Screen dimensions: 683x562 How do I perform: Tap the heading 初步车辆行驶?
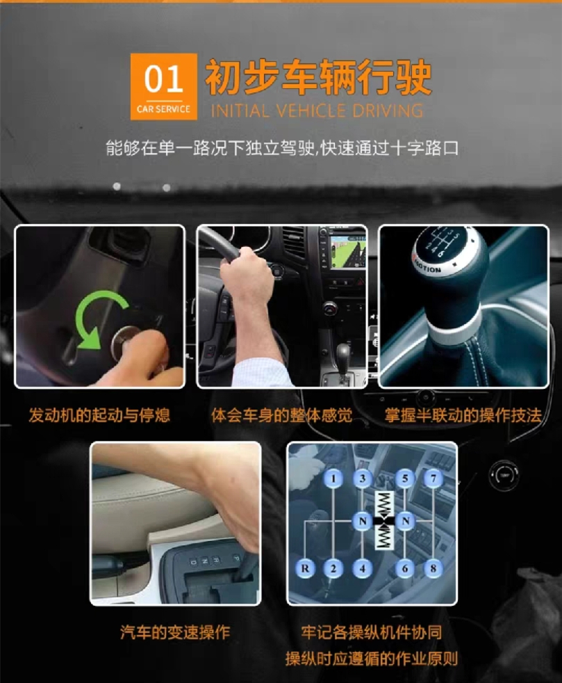318,78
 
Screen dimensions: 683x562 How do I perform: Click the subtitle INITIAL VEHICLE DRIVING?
316,111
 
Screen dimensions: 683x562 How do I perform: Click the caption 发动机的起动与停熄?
99,415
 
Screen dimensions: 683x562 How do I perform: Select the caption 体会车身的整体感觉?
281,415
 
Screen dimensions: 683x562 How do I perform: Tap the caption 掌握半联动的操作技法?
463,415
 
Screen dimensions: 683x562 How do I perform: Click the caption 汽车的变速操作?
175,632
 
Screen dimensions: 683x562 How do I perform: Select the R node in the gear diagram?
305,568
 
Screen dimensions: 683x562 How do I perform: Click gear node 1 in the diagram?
334,479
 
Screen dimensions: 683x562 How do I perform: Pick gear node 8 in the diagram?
433,568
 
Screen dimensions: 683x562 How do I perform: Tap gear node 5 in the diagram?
406,479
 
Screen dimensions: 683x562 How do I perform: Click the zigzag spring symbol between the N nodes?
384,521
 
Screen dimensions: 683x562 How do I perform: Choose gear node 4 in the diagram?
363,568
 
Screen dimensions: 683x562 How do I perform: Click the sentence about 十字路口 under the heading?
281,148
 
